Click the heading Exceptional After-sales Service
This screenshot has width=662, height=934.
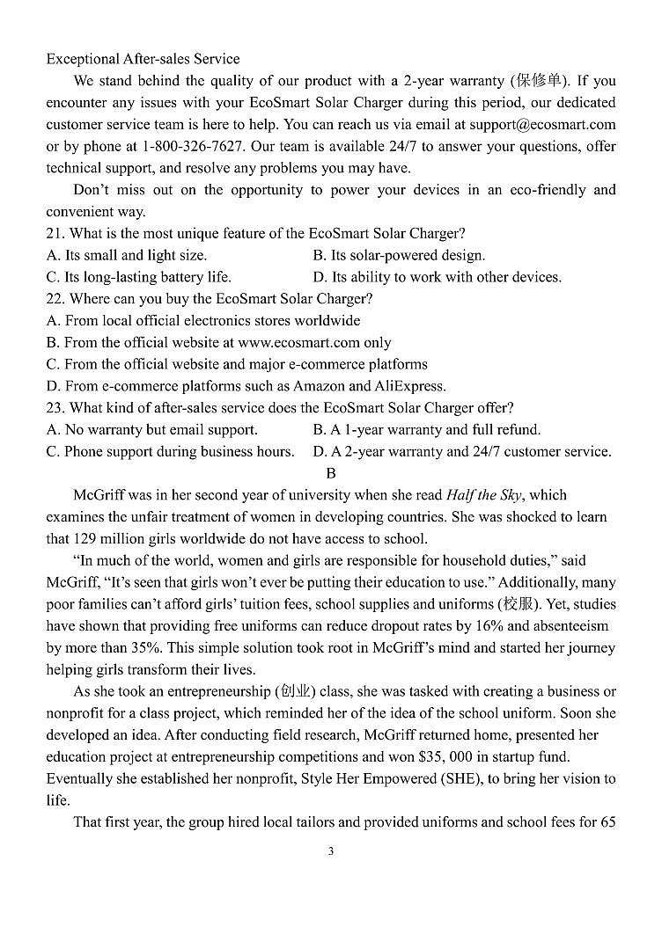(x=143, y=59)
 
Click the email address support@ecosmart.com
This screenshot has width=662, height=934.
(x=542, y=125)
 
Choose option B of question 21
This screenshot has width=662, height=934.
(x=399, y=255)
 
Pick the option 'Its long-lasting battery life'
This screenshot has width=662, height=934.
(x=139, y=277)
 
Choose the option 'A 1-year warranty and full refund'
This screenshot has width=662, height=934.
(x=427, y=430)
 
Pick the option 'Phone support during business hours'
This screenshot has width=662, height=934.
(x=171, y=451)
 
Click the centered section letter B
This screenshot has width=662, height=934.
(x=331, y=473)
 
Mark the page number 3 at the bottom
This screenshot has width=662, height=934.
(x=331, y=851)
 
